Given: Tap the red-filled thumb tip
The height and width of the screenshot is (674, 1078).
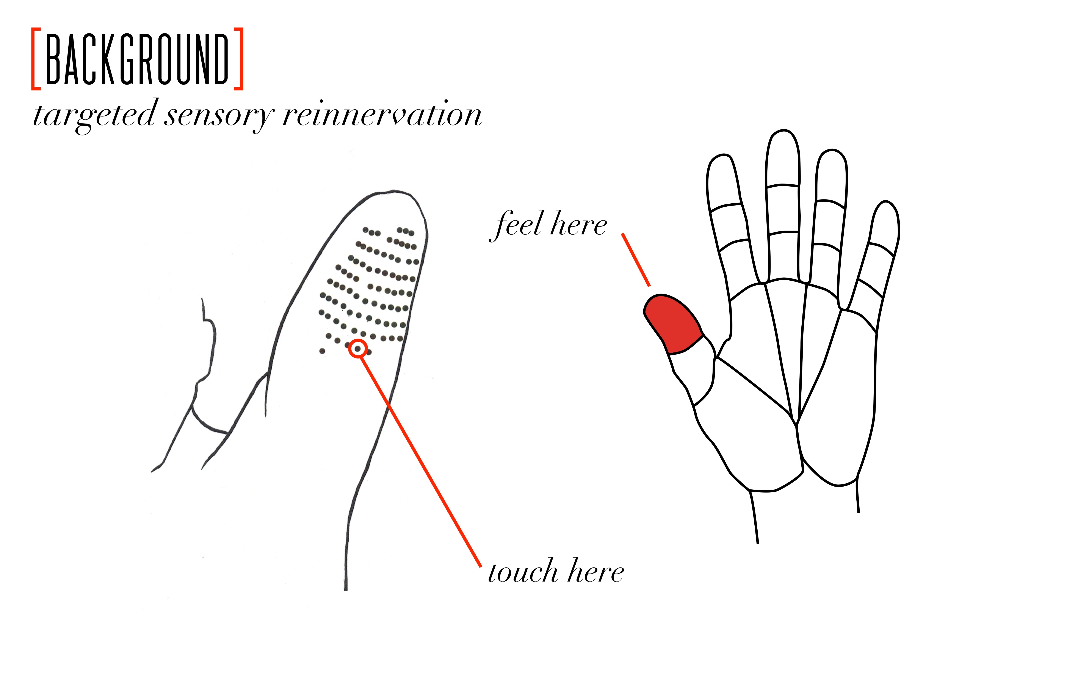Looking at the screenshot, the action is click(673, 323).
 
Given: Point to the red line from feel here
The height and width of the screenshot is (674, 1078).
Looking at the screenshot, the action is click(636, 259).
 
